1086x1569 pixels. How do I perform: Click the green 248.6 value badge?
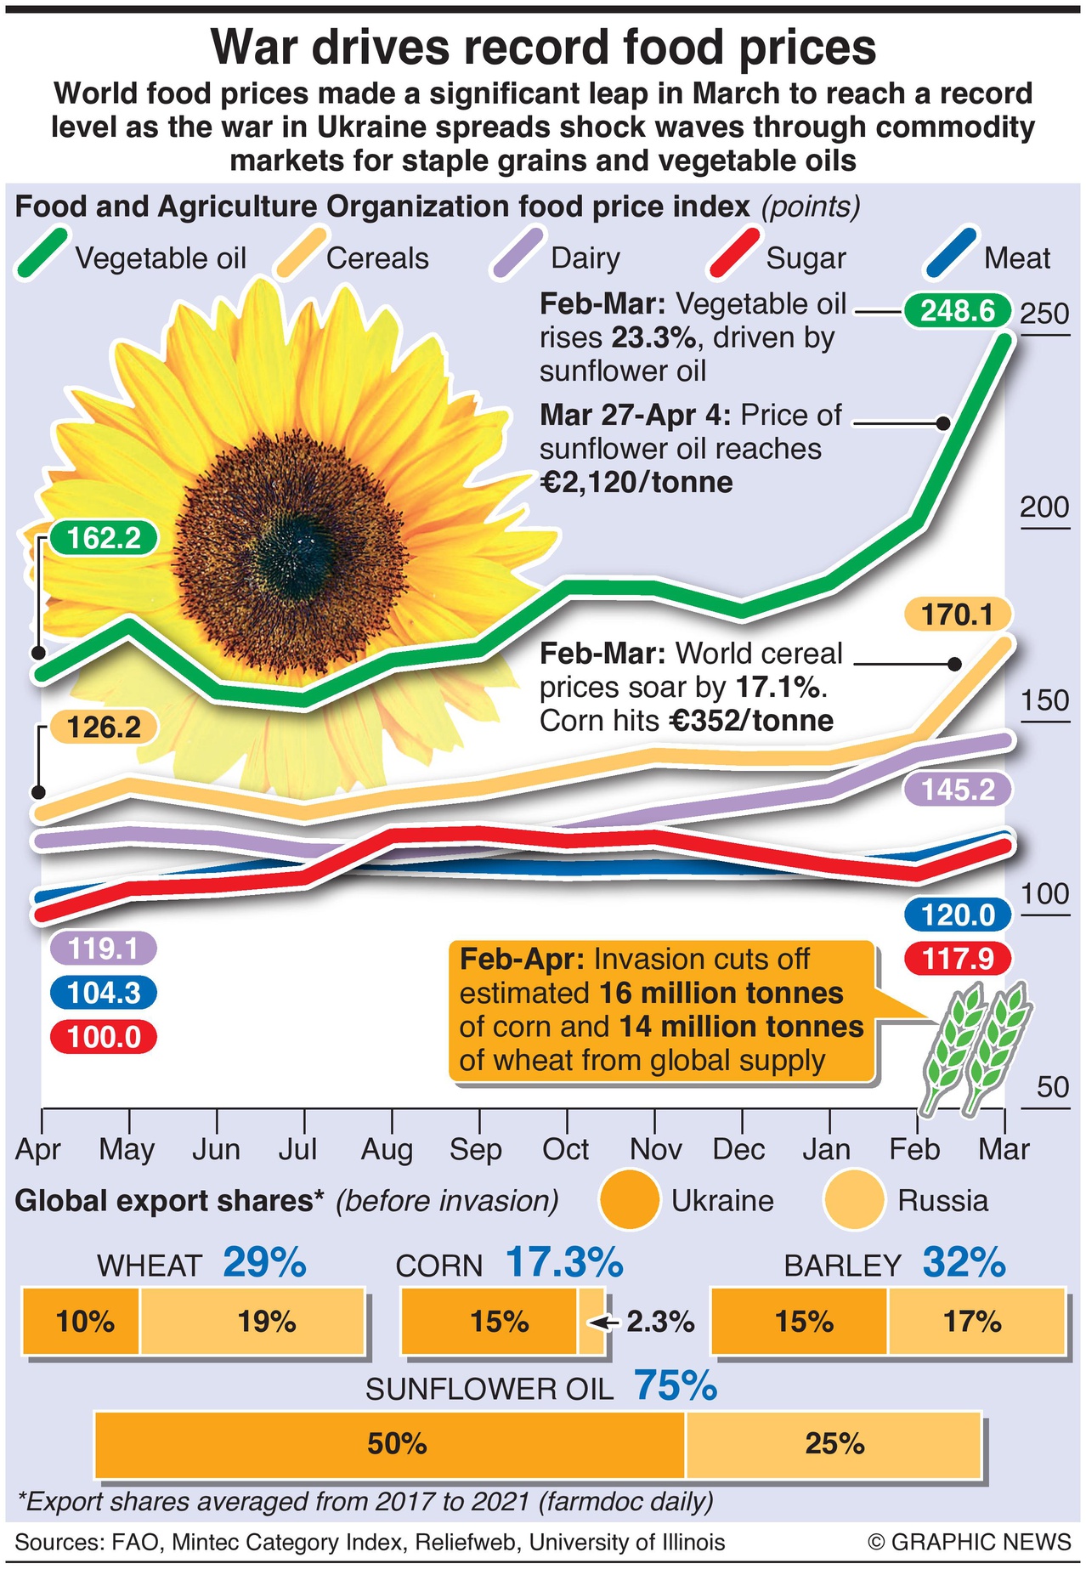pyautogui.click(x=958, y=311)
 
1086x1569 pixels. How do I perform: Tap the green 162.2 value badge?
pyautogui.click(x=104, y=538)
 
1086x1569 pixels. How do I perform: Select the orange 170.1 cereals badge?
pyautogui.click(x=958, y=615)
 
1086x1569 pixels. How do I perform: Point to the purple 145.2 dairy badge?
pyautogui.click(x=958, y=790)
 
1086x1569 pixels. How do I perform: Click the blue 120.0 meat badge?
pyautogui.click(x=958, y=915)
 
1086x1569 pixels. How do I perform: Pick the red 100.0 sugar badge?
pyautogui.click(x=104, y=1038)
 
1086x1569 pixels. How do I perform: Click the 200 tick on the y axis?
pyautogui.click(x=1044, y=507)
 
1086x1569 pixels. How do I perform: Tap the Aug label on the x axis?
pyautogui.click(x=387, y=1150)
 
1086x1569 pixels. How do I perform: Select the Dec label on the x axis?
pyautogui.click(x=738, y=1150)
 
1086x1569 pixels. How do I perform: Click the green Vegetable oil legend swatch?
pyautogui.click(x=41, y=253)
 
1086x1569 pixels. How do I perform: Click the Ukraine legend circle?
pyautogui.click(x=630, y=1200)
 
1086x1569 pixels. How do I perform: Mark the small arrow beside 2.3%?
pyautogui.click(x=602, y=1323)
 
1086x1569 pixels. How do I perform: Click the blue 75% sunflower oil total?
pyautogui.click(x=676, y=1386)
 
